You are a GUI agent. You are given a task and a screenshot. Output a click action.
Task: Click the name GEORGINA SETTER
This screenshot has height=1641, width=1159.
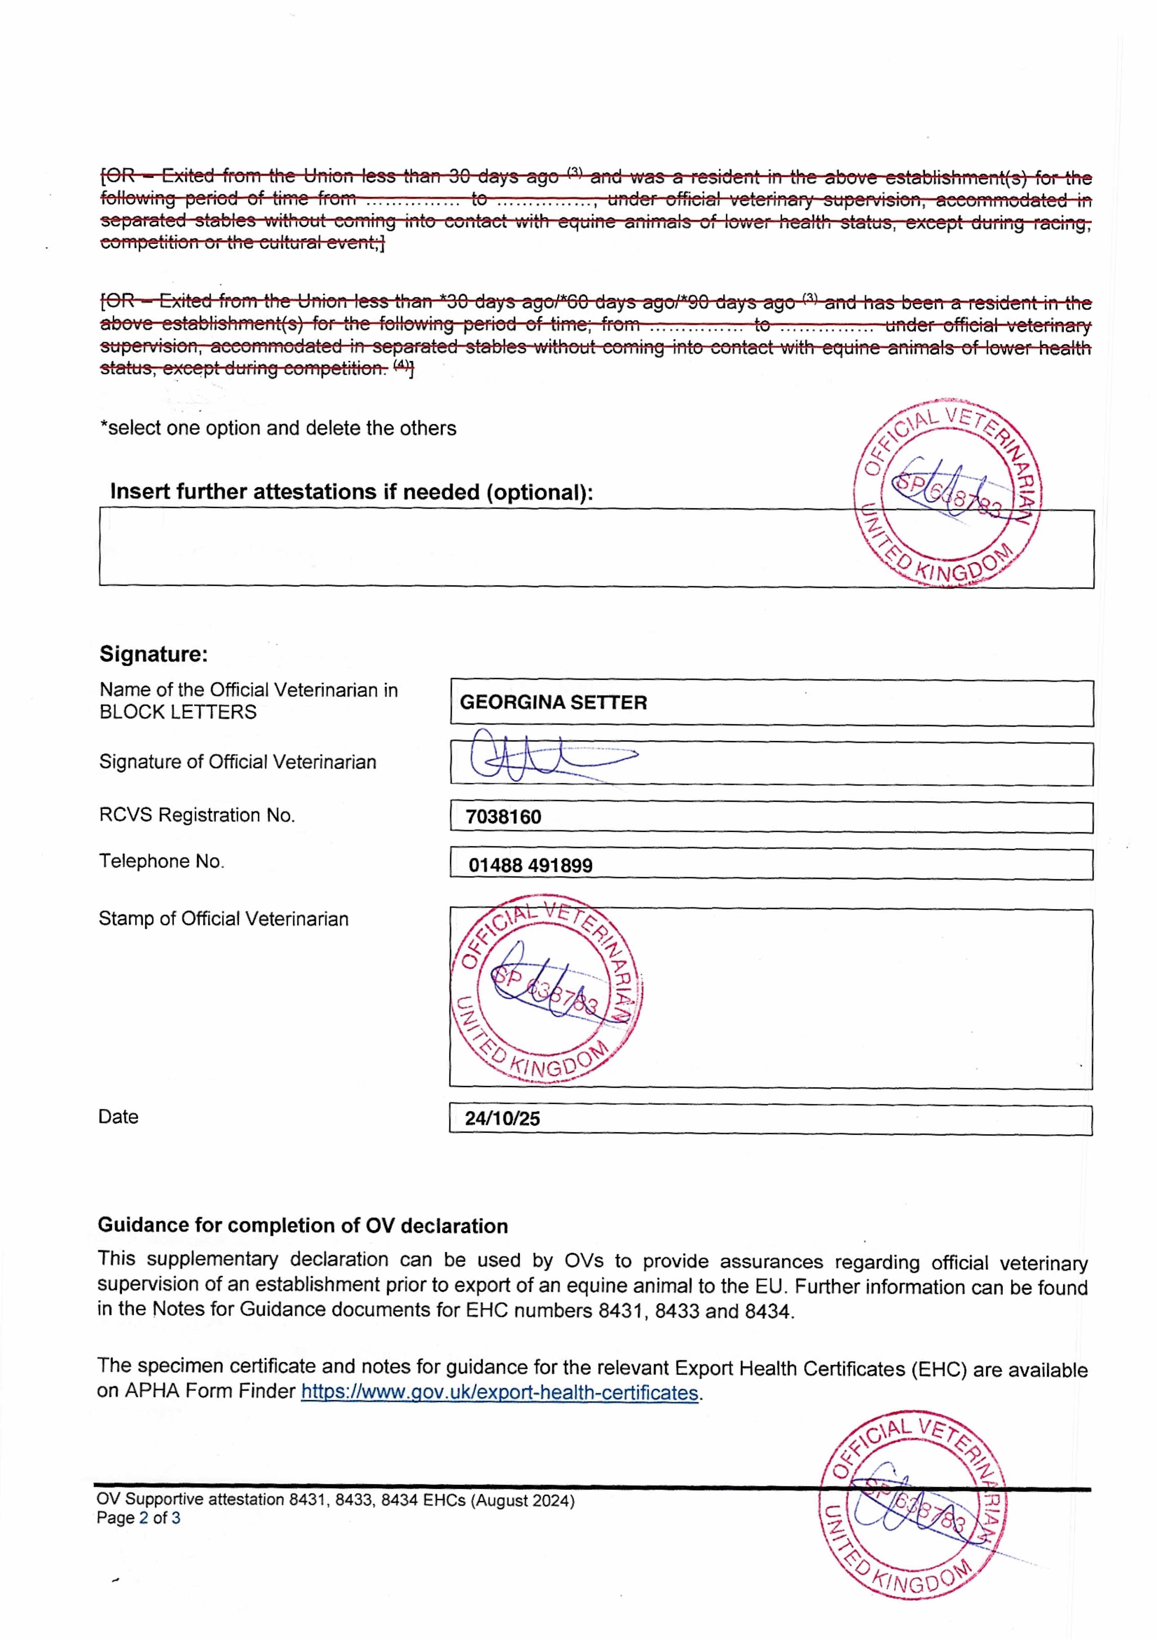click(553, 703)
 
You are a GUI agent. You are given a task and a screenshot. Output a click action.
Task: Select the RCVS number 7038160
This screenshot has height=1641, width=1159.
click(504, 817)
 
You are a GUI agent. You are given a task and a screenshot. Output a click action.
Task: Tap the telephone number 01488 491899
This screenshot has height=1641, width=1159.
click(530, 865)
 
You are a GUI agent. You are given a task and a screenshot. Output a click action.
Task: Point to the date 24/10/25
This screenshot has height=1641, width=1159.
click(502, 1119)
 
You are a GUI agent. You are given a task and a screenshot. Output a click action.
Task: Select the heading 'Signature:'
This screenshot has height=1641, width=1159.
click(154, 654)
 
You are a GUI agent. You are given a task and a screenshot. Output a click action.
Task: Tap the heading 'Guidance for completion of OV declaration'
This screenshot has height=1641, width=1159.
click(303, 1226)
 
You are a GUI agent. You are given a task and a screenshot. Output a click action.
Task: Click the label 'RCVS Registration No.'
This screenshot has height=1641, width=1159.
click(197, 816)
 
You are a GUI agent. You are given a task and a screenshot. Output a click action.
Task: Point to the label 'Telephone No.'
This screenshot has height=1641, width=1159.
click(161, 861)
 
